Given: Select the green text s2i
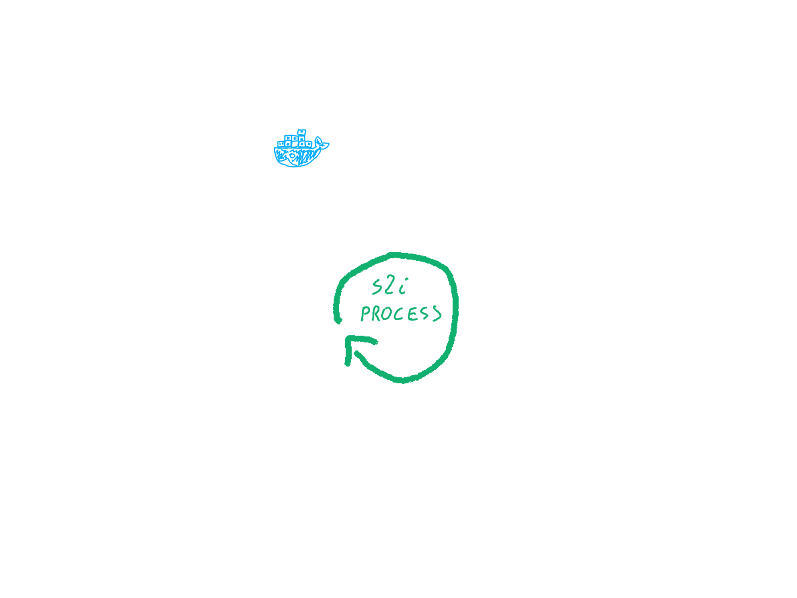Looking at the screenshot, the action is [390, 287].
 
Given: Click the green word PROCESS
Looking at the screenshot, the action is [400, 313].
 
